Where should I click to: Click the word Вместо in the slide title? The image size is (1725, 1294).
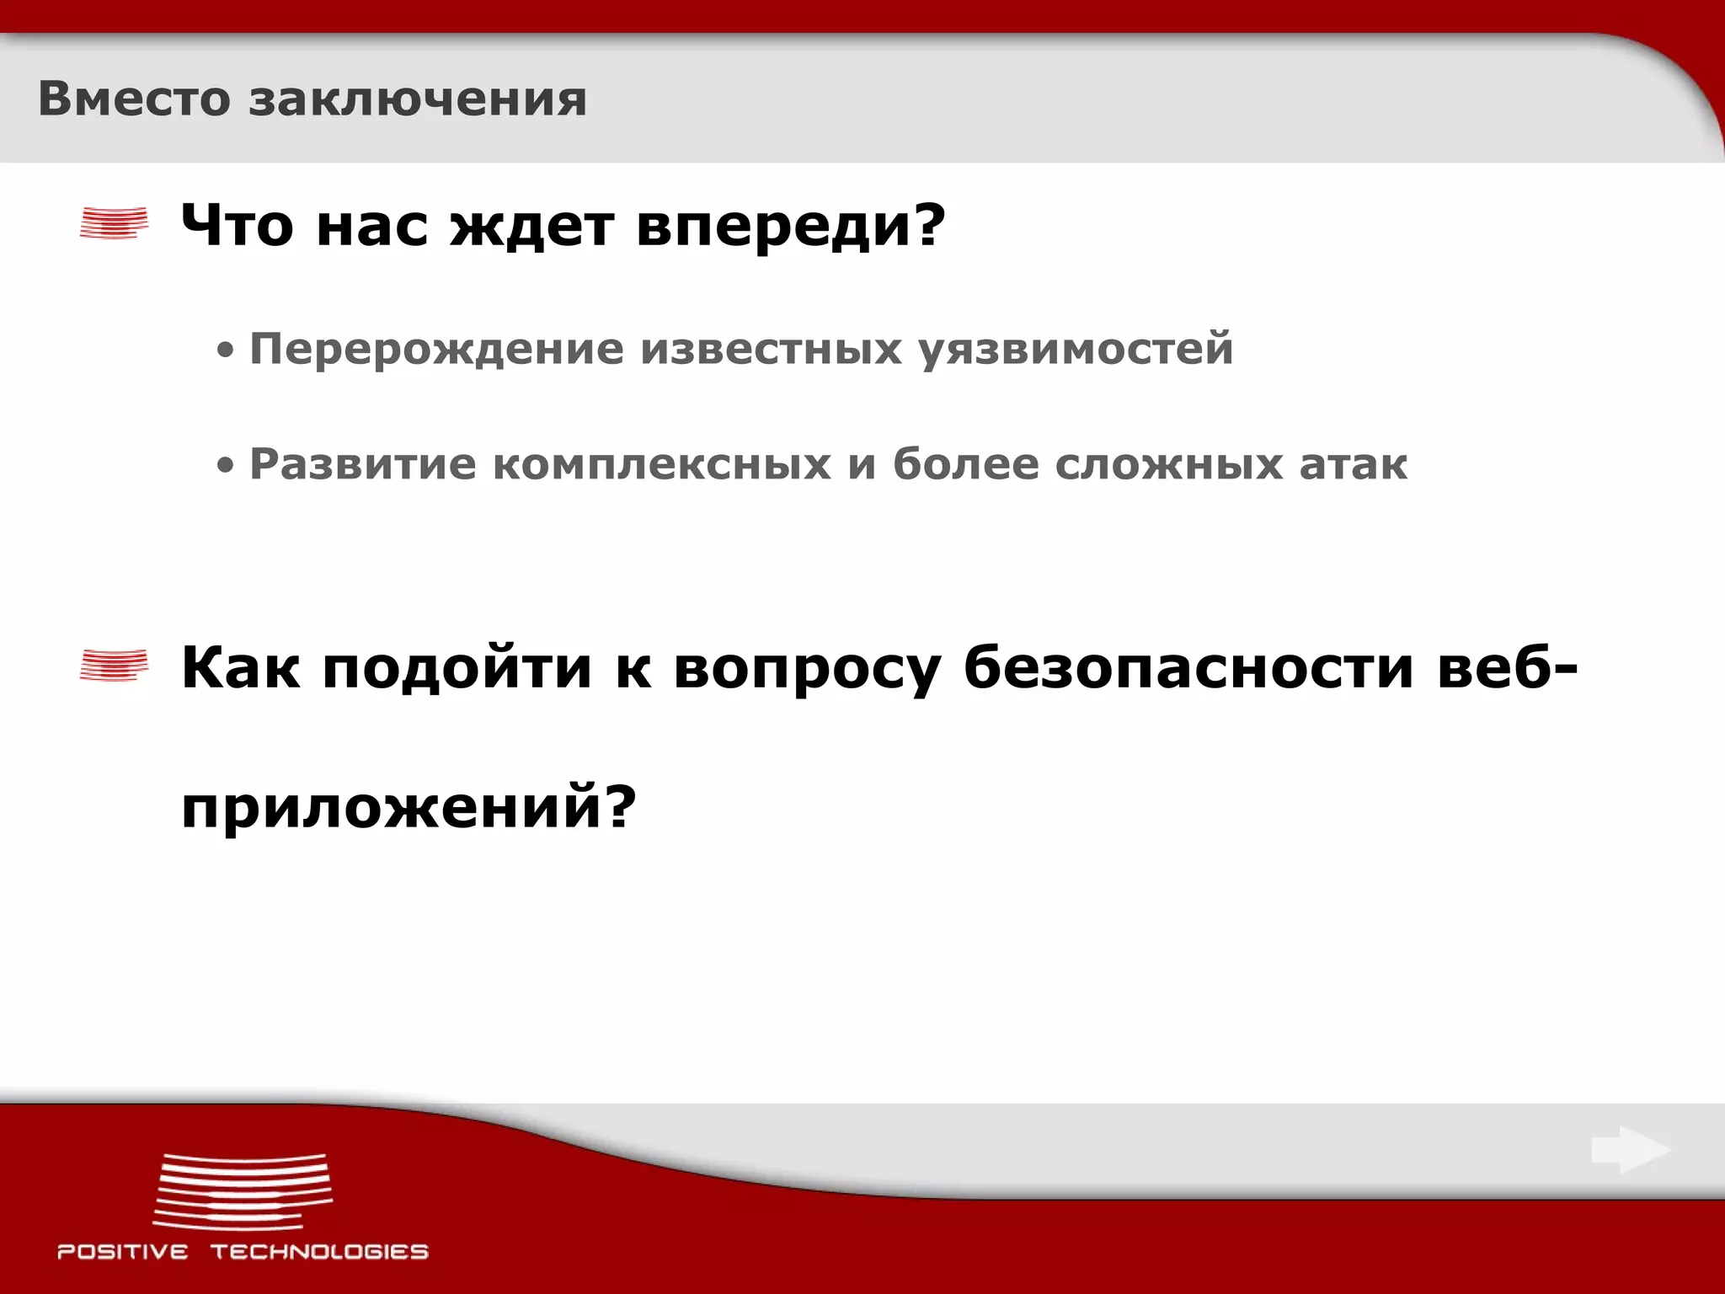(x=134, y=99)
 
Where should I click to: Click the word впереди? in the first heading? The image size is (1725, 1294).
(x=791, y=228)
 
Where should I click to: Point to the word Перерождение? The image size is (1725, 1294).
(x=436, y=350)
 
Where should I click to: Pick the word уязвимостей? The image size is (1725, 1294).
(x=1076, y=350)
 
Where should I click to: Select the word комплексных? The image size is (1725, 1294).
(x=661, y=464)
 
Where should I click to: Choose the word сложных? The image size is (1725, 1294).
(x=1168, y=466)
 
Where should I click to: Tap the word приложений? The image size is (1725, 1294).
(x=409, y=808)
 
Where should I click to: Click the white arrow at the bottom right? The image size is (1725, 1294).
(x=1630, y=1150)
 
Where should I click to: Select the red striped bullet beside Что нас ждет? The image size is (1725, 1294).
(x=114, y=223)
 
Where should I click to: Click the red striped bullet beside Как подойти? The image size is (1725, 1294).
(x=114, y=666)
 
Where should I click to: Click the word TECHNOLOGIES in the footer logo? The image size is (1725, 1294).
(x=319, y=1252)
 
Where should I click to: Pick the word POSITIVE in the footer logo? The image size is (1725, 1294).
(x=123, y=1252)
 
